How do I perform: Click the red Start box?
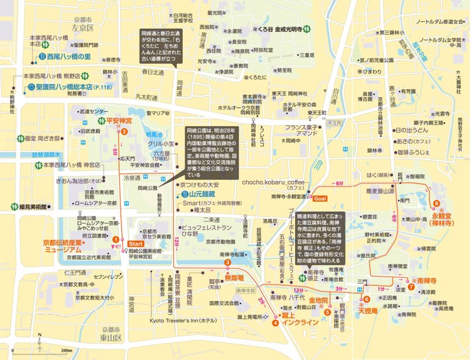coord(136,243)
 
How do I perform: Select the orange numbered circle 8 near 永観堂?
coord(434,204)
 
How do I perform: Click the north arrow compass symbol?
coord(39,342)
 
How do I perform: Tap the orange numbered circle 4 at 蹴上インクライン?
coord(275,324)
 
